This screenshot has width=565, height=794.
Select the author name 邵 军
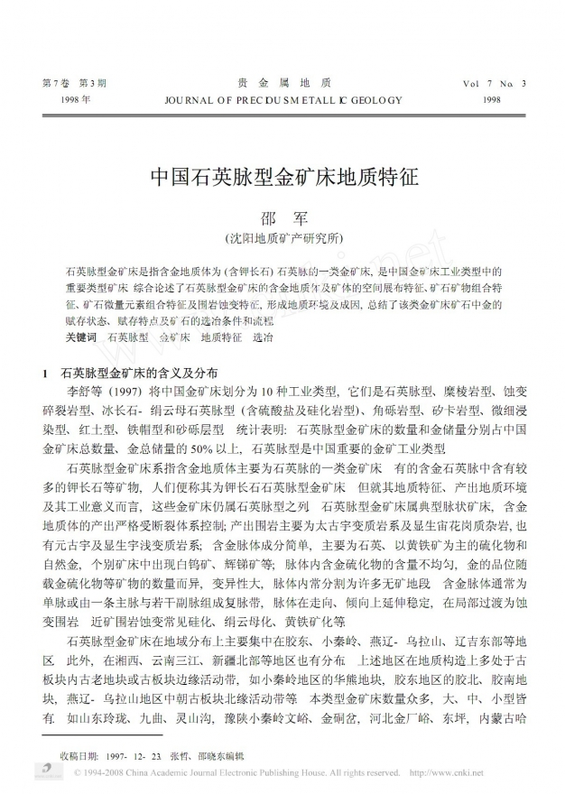tap(283, 218)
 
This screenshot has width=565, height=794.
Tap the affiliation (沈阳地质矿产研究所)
tap(283, 239)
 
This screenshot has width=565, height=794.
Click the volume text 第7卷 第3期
tap(74, 83)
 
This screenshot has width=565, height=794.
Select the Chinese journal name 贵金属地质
tap(282, 82)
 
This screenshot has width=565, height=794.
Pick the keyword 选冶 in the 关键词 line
tap(262, 336)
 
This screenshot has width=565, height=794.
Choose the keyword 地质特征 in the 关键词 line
tap(221, 336)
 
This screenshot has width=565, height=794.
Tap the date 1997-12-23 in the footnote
tap(134, 752)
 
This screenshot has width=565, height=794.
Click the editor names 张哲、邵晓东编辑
tap(212, 752)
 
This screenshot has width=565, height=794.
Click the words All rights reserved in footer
tap(364, 773)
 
